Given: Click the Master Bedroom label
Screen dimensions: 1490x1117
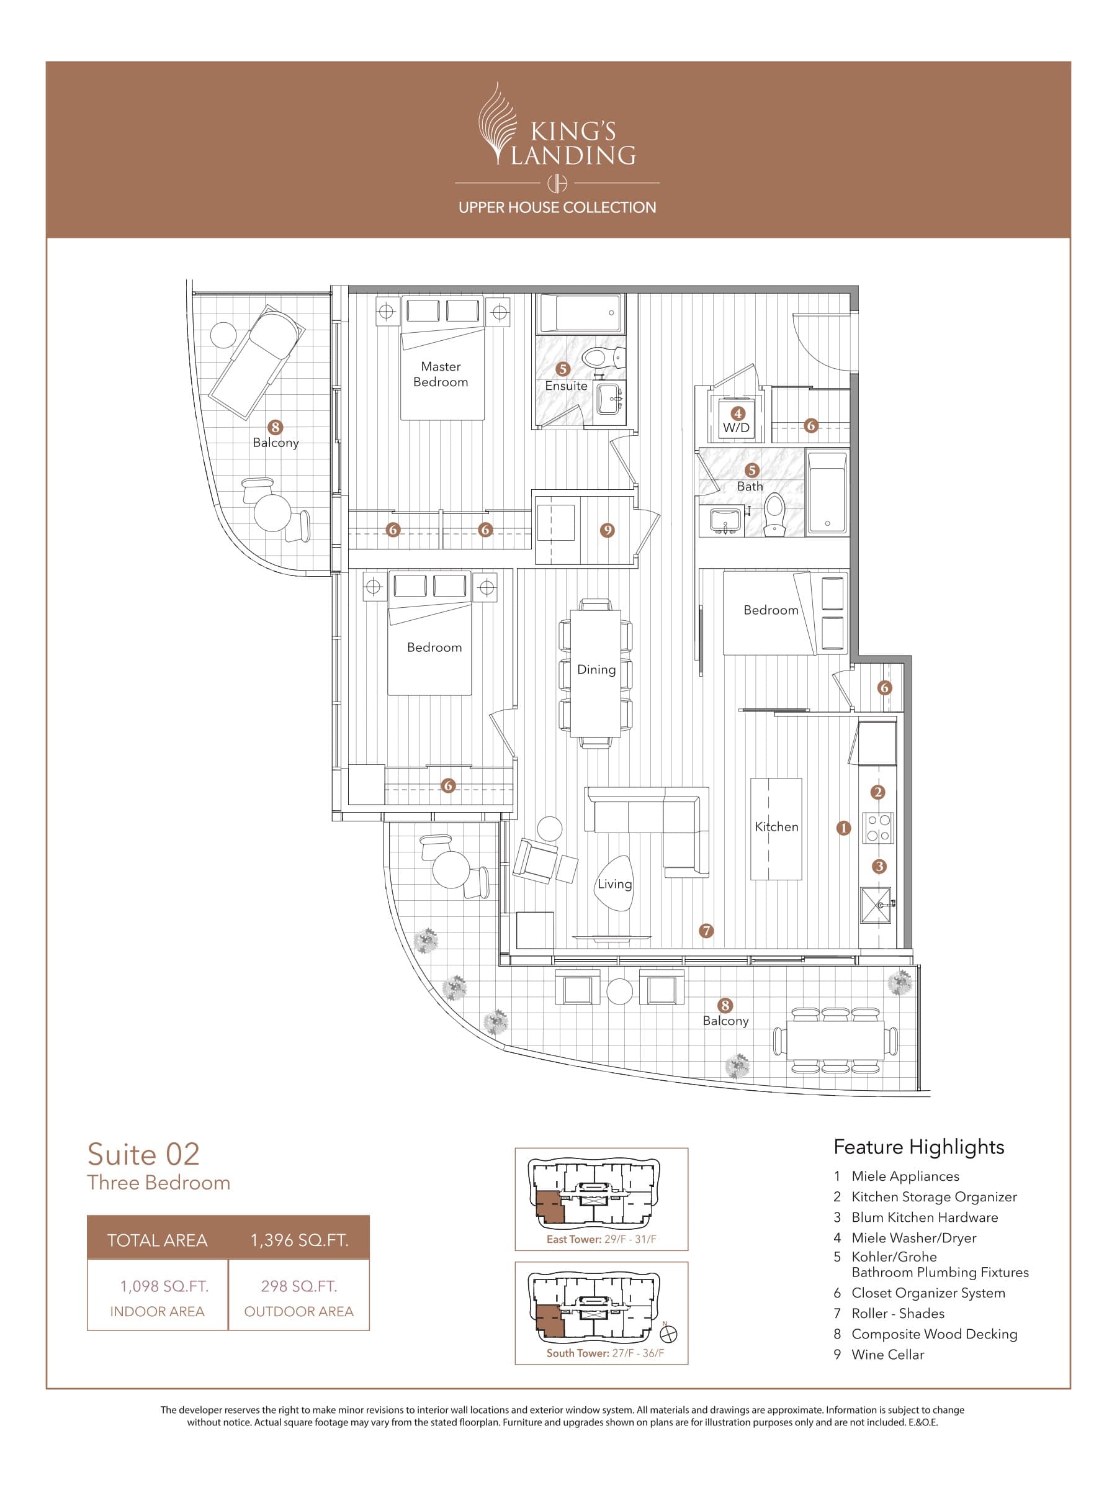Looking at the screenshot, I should (x=441, y=374).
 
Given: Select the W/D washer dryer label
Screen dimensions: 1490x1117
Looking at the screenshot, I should (x=736, y=428).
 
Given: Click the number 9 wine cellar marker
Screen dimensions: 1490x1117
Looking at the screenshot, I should (x=608, y=530).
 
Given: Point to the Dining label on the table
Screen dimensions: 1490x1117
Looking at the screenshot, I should (x=596, y=669).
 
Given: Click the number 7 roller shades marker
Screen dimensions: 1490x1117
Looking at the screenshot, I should (x=706, y=931).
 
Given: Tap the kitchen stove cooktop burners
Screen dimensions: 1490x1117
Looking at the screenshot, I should (x=877, y=828).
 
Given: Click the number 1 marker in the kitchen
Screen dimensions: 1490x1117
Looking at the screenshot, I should (x=843, y=828).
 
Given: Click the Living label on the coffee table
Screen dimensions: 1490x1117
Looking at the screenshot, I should (x=614, y=884).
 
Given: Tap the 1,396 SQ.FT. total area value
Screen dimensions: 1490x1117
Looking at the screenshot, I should (x=299, y=1240).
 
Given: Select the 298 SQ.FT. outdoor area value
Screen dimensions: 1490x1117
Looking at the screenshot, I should (x=299, y=1286).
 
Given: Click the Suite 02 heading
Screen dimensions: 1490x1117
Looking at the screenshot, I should (x=143, y=1154).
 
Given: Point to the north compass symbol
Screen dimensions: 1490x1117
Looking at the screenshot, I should (x=669, y=1332).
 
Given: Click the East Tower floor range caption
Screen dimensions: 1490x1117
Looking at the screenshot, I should (x=601, y=1239).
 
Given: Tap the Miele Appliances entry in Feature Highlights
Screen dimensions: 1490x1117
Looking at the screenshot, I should (x=905, y=1176).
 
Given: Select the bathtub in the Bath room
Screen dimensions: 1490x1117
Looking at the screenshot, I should (x=827, y=492).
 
